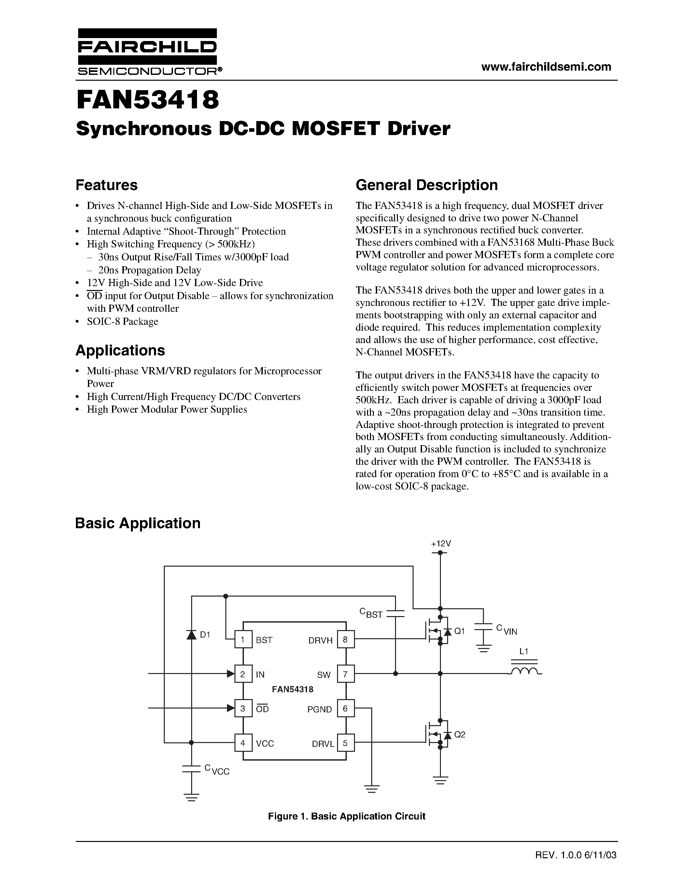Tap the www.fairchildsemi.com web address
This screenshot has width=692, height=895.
[546, 67]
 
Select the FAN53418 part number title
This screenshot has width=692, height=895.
[148, 100]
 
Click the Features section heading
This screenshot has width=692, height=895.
[106, 185]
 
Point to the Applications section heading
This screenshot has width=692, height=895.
[120, 351]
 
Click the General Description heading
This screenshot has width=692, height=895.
[426, 185]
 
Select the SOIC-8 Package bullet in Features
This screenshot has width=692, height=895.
[122, 321]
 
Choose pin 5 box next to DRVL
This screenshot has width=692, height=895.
[346, 743]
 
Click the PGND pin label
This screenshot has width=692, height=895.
[320, 709]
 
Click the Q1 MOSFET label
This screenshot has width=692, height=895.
[459, 631]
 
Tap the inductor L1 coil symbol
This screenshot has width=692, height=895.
[524, 671]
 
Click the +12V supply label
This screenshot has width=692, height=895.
[441, 544]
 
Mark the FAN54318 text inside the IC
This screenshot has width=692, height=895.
[292, 689]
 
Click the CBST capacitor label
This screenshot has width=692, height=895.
[371, 613]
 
